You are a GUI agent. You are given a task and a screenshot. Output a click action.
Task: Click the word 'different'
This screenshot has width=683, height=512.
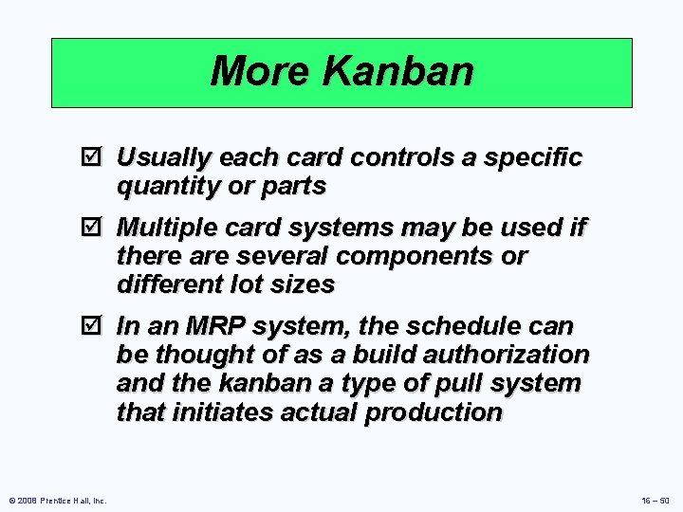[163, 285]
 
